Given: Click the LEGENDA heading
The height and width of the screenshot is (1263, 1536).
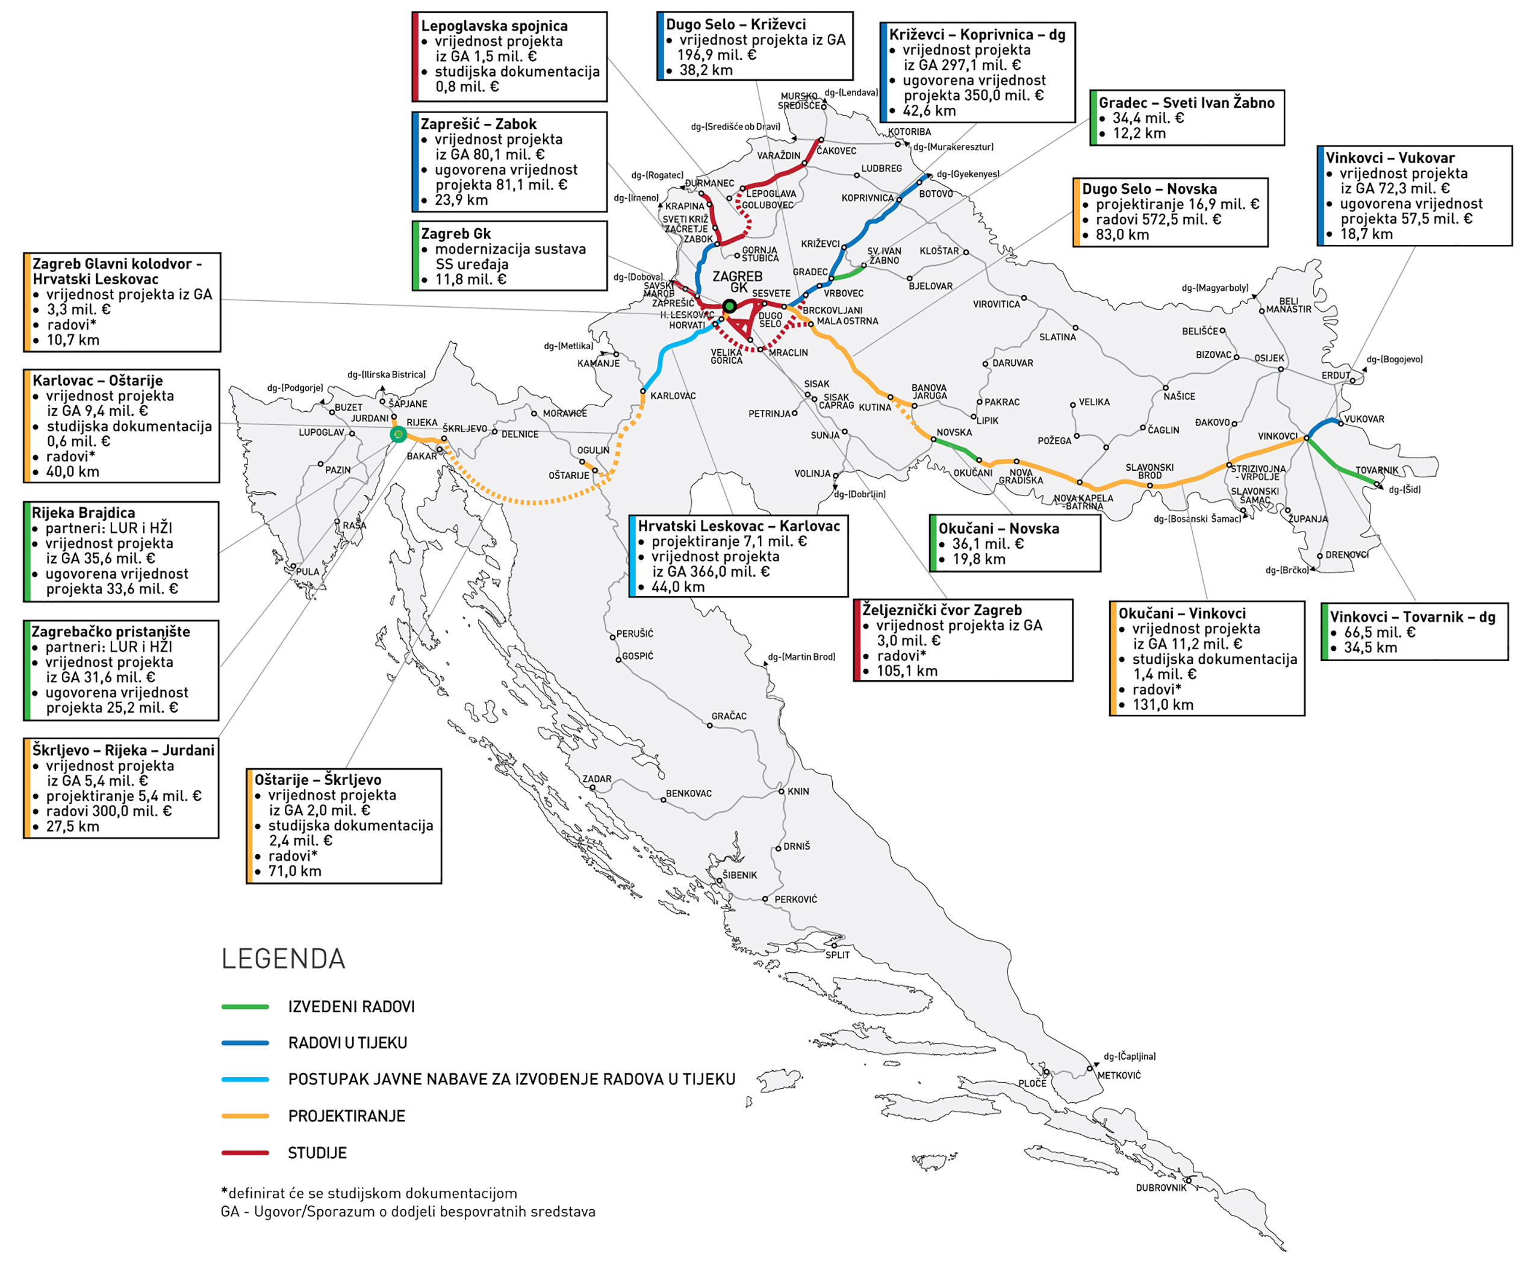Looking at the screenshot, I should click(x=283, y=959).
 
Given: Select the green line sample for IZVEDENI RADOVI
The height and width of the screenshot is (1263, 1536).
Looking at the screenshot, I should click(x=245, y=1007).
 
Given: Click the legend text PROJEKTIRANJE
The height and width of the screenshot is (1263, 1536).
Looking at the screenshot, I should click(x=346, y=1116).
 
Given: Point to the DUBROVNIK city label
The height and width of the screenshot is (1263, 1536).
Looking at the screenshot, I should click(x=1160, y=1187).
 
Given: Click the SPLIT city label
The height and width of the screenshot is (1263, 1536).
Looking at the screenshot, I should click(x=838, y=955).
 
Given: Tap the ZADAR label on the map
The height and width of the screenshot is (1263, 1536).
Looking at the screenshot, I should click(x=597, y=778).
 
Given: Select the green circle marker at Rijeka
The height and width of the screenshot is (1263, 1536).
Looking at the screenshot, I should click(x=398, y=434).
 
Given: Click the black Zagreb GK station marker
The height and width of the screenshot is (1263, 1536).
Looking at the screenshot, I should click(x=729, y=306).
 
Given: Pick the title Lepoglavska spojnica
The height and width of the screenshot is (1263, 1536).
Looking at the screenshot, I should click(x=494, y=25).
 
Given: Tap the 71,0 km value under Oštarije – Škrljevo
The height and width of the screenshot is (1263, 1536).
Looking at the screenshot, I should click(x=294, y=871).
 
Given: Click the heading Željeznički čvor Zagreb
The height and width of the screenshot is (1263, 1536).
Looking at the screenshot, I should click(x=942, y=610).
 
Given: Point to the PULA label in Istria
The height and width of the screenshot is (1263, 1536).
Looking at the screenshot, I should click(x=307, y=571).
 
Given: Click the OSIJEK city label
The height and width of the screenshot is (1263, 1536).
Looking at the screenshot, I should click(x=1269, y=358).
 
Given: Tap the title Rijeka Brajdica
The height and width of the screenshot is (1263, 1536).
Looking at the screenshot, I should click(x=83, y=512).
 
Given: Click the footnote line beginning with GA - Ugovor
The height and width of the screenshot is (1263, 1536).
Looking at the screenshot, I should click(x=408, y=1211).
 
